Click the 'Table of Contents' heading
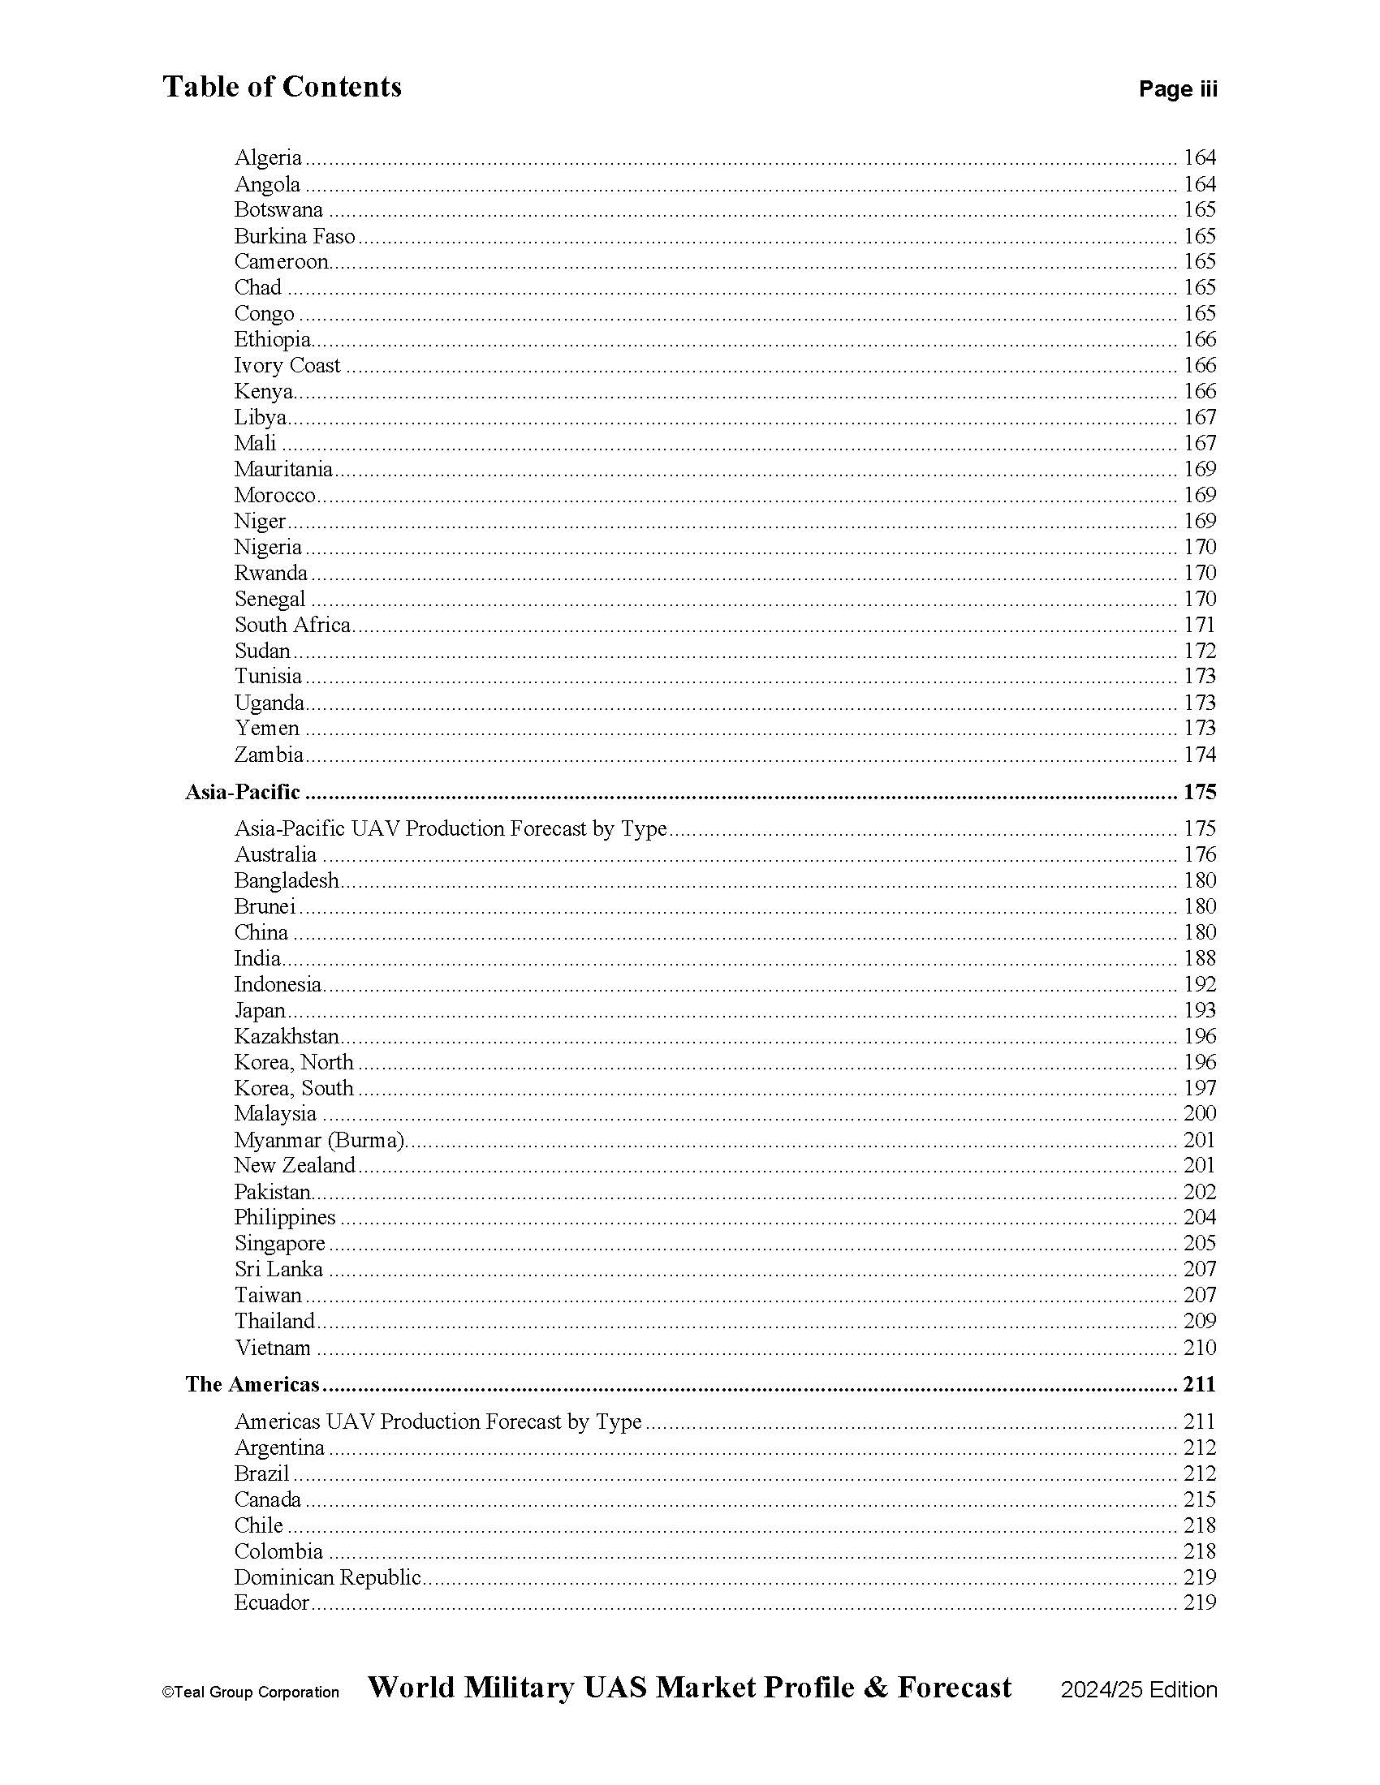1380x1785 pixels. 282,87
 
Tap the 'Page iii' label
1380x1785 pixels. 1177,89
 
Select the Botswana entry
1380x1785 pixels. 278,210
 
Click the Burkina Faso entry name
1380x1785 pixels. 295,236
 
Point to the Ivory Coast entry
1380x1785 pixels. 287,365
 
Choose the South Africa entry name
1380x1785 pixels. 292,626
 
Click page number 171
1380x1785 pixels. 1199,626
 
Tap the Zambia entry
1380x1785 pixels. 268,755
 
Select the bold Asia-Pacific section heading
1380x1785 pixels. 242,792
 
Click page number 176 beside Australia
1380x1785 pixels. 1199,855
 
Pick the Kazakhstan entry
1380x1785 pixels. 286,1036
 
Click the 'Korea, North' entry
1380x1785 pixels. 294,1063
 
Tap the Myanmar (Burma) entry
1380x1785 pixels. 320,1140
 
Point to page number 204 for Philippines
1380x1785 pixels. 1199,1218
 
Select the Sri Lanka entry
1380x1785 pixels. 278,1269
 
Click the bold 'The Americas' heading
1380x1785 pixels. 252,1384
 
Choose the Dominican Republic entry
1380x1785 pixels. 327,1577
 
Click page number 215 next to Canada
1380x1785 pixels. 1199,1499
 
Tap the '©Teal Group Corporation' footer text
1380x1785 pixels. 250,1692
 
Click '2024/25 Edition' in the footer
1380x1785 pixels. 1139,1690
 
